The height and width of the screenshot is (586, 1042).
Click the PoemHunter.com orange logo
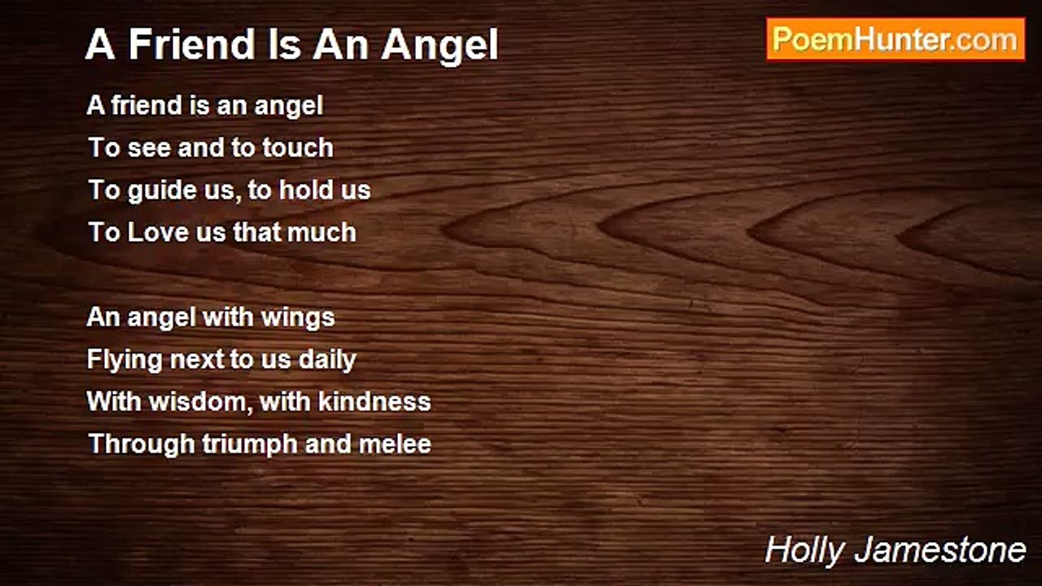(895, 39)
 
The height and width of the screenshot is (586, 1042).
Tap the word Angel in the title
(440, 46)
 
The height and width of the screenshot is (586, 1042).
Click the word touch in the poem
(298, 147)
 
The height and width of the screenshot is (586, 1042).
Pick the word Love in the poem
(158, 232)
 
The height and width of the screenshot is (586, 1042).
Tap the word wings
(298, 318)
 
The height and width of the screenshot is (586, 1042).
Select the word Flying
(125, 361)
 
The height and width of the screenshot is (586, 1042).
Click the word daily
(327, 361)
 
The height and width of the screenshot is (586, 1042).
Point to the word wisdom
(201, 402)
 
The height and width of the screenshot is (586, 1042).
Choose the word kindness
(374, 401)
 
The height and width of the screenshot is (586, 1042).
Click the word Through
(142, 444)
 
